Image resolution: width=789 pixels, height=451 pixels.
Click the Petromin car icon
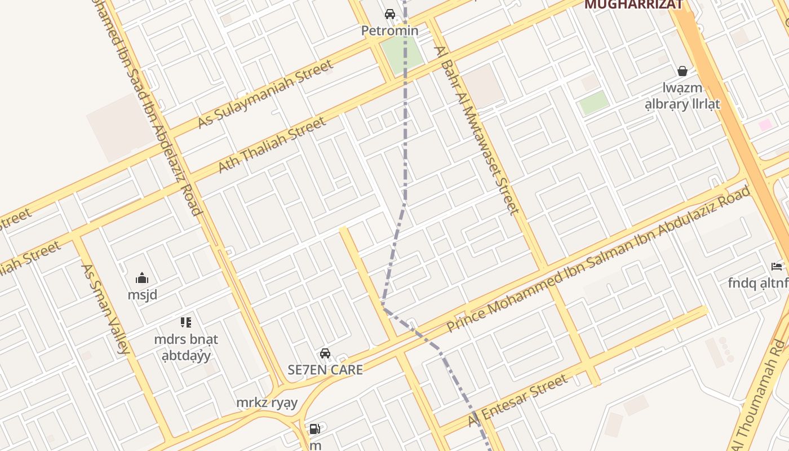(x=390, y=14)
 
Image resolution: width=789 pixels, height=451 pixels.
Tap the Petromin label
(x=390, y=30)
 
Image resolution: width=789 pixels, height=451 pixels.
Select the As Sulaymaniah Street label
(x=265, y=95)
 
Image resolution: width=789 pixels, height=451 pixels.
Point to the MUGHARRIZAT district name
(x=633, y=5)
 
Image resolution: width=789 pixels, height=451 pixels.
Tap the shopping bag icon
(x=682, y=71)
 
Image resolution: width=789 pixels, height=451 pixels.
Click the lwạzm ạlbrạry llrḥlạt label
(x=682, y=96)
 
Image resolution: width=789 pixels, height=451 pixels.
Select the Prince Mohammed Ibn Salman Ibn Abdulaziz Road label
(x=599, y=259)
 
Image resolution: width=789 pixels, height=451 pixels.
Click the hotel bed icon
(x=777, y=266)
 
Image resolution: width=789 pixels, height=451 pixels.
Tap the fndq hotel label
(x=758, y=282)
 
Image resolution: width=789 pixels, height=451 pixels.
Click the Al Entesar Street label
(x=518, y=401)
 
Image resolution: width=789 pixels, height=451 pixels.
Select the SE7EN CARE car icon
(x=325, y=353)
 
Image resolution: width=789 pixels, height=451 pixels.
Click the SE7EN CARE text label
(x=325, y=370)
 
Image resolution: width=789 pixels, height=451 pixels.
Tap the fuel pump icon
(x=315, y=429)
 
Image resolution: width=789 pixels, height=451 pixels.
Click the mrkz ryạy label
(x=267, y=403)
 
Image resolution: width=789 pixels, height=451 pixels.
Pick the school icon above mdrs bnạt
(x=186, y=322)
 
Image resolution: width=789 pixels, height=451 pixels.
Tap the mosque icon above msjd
(x=142, y=278)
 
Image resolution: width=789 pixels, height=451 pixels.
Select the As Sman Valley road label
(x=105, y=309)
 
